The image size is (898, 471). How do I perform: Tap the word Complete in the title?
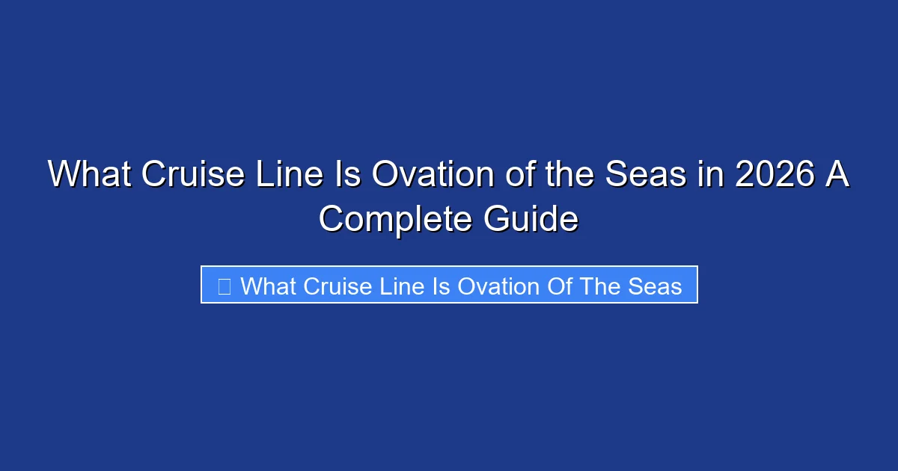click(x=395, y=219)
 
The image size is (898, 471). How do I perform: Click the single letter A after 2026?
click(x=838, y=176)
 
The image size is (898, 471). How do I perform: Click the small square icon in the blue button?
click(x=224, y=286)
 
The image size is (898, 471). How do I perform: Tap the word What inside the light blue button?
click(x=268, y=286)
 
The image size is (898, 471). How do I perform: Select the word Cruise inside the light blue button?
click(x=338, y=286)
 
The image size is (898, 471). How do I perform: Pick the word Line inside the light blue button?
click(x=405, y=286)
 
